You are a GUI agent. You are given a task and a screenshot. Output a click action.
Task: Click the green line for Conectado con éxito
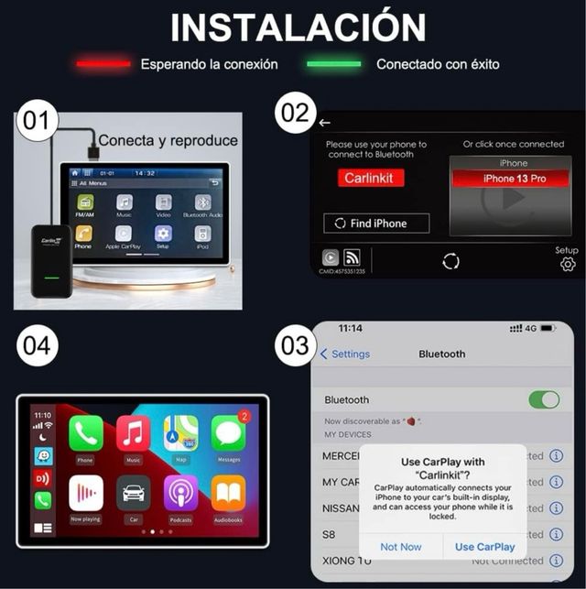(x=333, y=65)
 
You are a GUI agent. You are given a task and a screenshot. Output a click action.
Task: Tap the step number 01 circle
(x=37, y=121)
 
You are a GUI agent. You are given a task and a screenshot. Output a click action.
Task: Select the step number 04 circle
(x=37, y=346)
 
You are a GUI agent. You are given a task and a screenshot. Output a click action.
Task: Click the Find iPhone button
(x=377, y=224)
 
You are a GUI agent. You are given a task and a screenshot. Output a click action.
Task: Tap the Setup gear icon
(x=568, y=265)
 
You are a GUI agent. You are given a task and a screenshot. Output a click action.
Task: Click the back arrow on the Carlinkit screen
(x=325, y=123)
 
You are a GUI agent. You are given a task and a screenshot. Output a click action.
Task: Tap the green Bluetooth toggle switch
(x=544, y=399)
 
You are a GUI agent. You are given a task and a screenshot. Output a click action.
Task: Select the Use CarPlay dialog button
(x=484, y=547)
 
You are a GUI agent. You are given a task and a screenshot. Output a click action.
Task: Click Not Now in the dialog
(x=401, y=547)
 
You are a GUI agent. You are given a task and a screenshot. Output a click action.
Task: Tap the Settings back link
(x=344, y=354)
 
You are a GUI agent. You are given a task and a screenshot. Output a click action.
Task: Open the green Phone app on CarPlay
(x=86, y=433)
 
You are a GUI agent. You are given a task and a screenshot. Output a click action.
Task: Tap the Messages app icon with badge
(x=228, y=433)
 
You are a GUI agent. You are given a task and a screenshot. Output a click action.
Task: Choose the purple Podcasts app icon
(x=180, y=494)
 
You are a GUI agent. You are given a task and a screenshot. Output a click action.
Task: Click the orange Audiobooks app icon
(x=228, y=494)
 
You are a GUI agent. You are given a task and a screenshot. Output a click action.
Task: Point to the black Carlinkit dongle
(x=51, y=259)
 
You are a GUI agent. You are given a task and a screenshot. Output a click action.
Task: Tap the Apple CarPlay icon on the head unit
(x=124, y=233)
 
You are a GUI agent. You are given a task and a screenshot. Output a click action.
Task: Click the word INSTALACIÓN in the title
(x=298, y=27)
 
